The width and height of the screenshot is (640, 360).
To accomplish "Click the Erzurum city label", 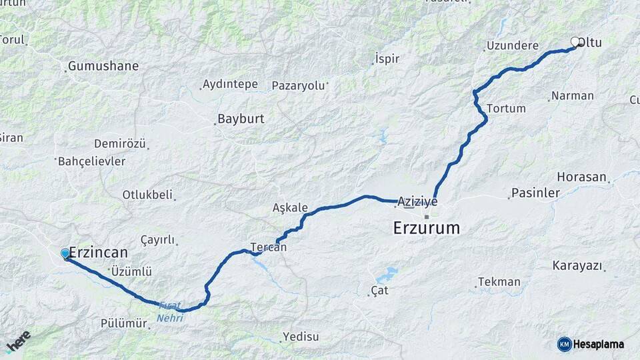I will [x=426, y=228].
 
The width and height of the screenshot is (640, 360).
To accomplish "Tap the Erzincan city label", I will [x=99, y=253].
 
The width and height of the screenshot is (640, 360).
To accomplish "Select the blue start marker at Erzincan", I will [x=65, y=253].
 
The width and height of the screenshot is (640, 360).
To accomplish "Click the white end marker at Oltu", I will [x=575, y=42].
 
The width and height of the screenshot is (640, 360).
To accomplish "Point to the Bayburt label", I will [x=241, y=119].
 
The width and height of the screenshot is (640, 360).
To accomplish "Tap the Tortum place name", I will [x=507, y=108].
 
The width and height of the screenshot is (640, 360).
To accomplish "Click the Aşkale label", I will [x=290, y=207].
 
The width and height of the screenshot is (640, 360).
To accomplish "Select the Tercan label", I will [x=269, y=247].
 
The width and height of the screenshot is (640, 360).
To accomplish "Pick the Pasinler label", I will [x=535, y=193].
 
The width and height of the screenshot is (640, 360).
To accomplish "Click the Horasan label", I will [x=581, y=177].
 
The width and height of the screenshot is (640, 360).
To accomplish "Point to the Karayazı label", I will [x=577, y=265].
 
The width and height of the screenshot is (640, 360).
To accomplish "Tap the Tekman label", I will [x=499, y=282].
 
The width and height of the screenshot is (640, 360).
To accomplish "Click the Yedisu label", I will [x=301, y=336].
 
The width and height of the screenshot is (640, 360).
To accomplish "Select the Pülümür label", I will [x=123, y=323].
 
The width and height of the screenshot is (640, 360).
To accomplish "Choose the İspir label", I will [x=387, y=59].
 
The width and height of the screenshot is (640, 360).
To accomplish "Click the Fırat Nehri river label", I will [x=170, y=311].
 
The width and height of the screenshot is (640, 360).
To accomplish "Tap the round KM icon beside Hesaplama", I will [x=564, y=344].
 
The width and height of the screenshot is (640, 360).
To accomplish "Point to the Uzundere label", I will [x=513, y=46].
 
